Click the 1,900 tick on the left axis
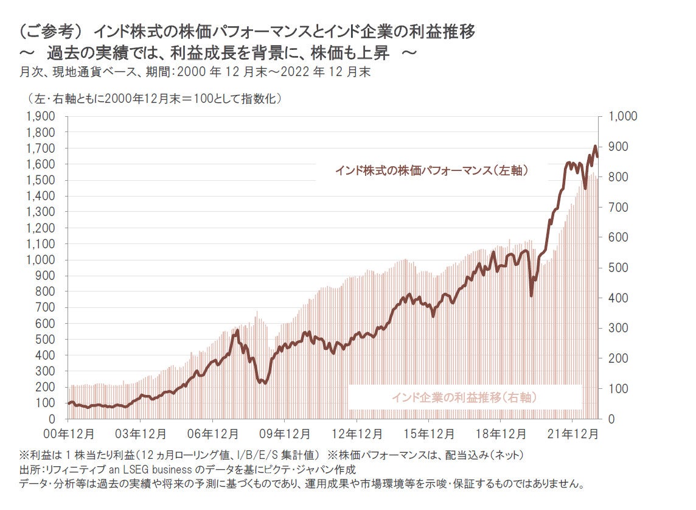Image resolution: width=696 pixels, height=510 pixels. (41, 116)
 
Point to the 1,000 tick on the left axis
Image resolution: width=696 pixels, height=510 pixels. (41, 260)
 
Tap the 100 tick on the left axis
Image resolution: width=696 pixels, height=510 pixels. (47, 403)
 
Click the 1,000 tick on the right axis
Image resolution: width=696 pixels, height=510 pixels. (618, 116)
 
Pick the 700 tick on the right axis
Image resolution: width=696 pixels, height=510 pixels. (614, 208)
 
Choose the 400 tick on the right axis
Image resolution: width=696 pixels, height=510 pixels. (614, 298)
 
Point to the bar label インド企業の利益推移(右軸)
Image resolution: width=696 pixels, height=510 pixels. (464, 397)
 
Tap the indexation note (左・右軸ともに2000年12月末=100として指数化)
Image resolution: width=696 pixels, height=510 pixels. (155, 98)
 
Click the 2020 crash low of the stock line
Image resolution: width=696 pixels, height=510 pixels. (532, 296)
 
